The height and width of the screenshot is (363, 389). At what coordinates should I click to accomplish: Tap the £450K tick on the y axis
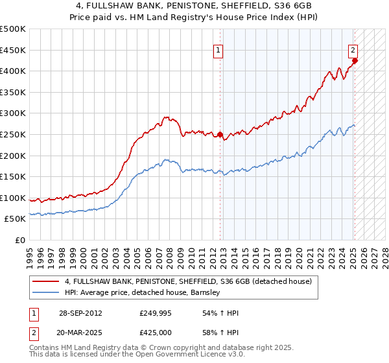pyautogui.click(x=13, y=50)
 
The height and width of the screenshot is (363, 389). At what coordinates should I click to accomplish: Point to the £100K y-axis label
pyautogui.click(x=13, y=198)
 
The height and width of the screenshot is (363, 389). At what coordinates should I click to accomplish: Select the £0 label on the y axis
pyautogui.click(x=20, y=240)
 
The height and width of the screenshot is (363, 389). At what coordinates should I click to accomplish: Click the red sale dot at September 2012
pyautogui.click(x=220, y=135)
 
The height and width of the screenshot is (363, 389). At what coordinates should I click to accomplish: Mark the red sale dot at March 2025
pyautogui.click(x=355, y=61)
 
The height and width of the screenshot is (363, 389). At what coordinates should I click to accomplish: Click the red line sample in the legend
pyautogui.click(x=46, y=281)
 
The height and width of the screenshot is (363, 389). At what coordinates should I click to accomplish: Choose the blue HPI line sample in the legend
pyautogui.click(x=46, y=292)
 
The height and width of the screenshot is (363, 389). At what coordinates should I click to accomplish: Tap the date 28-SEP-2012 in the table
pyautogui.click(x=80, y=313)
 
